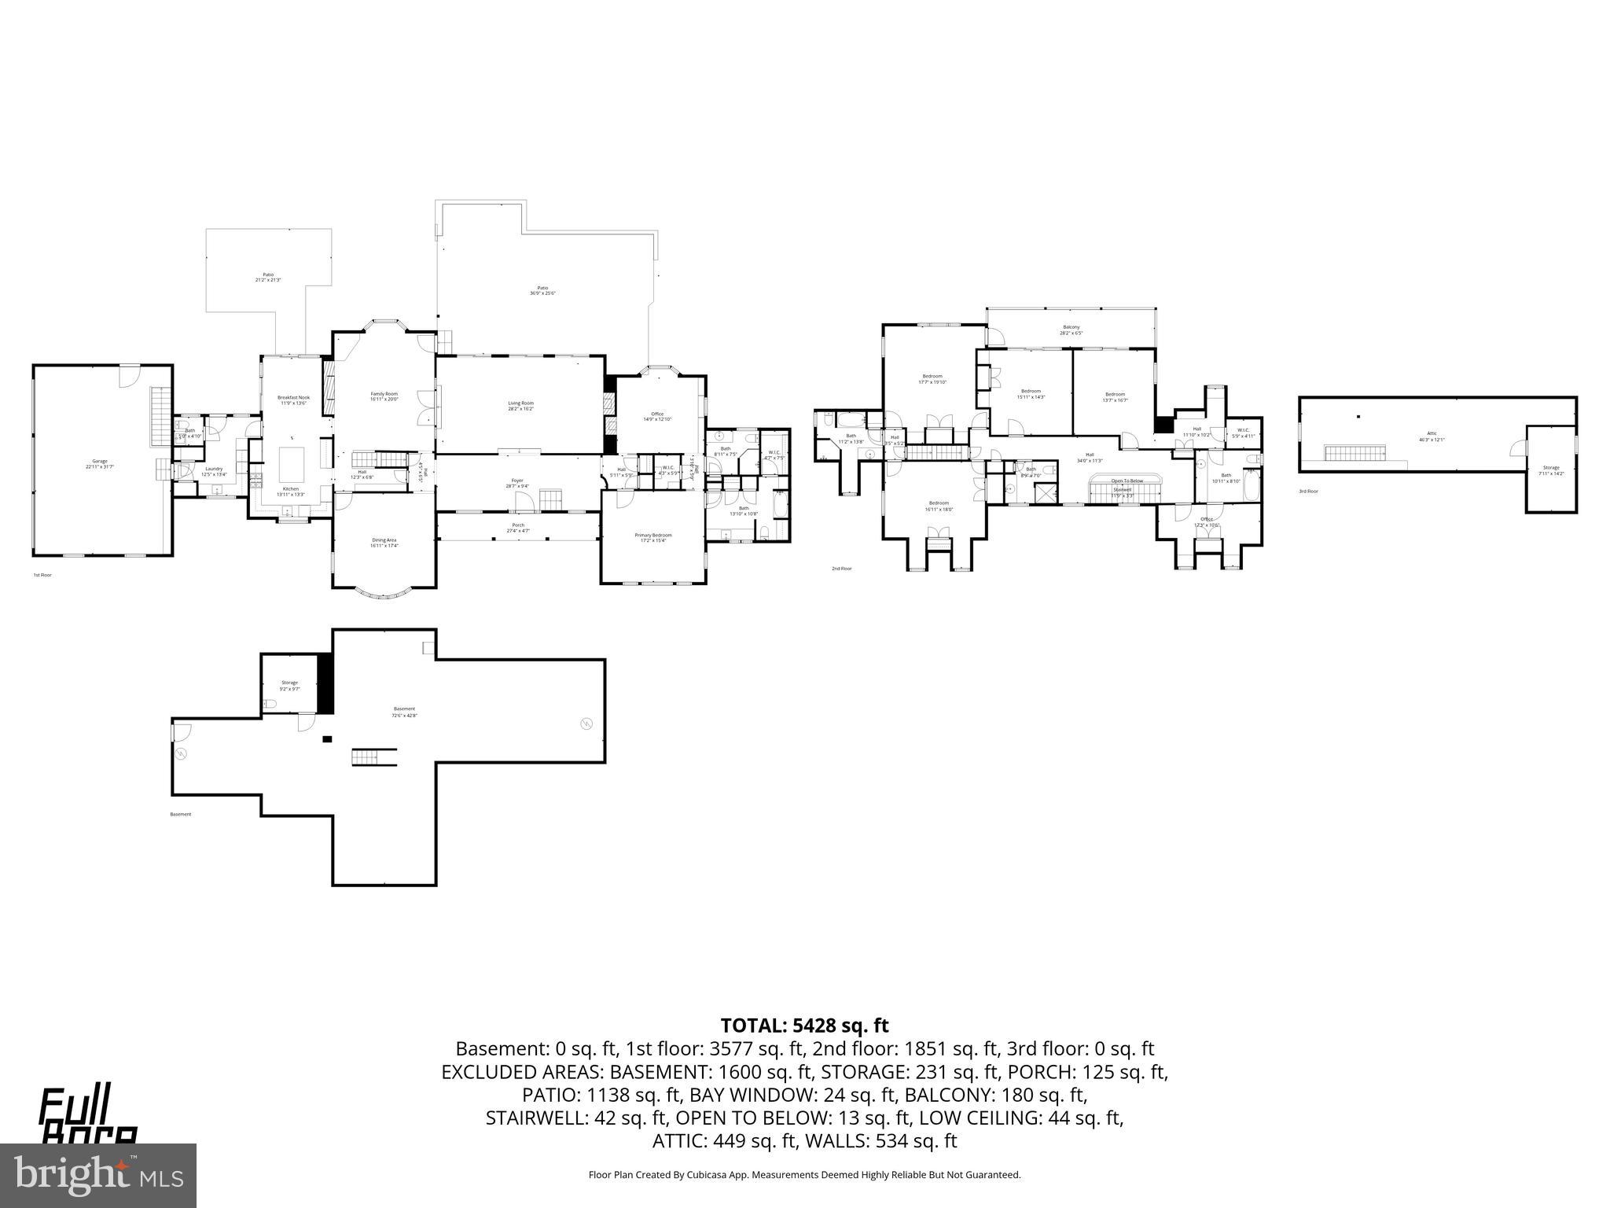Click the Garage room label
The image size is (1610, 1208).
click(100, 463)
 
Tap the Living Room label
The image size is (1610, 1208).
click(520, 405)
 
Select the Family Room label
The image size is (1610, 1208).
click(384, 396)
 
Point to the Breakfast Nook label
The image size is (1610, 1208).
click(293, 400)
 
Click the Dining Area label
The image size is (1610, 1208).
click(384, 542)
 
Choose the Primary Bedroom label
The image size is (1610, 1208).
click(653, 537)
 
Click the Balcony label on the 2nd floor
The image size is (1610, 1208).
click(1071, 330)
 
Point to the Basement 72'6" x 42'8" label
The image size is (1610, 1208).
click(404, 711)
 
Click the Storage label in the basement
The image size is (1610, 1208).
click(289, 685)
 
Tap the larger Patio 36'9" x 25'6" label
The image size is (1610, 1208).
click(542, 290)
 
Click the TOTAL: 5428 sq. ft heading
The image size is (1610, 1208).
click(804, 1026)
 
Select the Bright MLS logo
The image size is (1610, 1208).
click(98, 1175)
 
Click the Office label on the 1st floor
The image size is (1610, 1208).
click(656, 416)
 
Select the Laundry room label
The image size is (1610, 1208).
click(214, 471)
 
